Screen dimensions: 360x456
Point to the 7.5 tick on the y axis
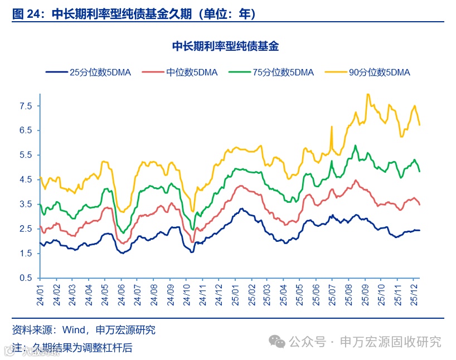click(x=26, y=105)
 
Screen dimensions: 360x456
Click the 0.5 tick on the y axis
click(x=26, y=278)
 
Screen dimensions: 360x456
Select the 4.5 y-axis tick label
click(x=26, y=179)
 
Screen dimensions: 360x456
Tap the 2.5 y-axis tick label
click(x=26, y=228)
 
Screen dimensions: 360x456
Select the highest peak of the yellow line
click(x=367, y=94)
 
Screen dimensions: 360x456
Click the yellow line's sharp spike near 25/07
click(x=332, y=127)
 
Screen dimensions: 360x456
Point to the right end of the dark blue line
click(x=419, y=230)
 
